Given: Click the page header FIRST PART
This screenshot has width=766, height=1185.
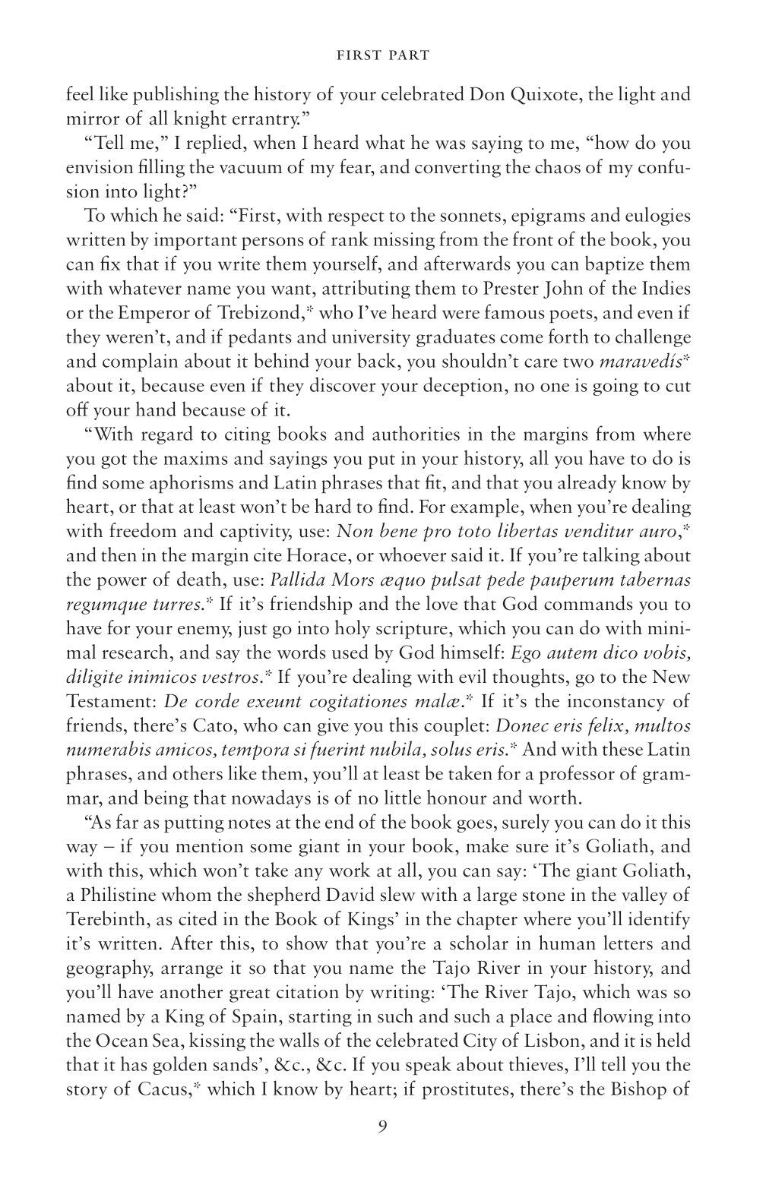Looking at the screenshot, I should [382, 55].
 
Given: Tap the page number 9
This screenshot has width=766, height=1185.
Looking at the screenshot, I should [382, 1126].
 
